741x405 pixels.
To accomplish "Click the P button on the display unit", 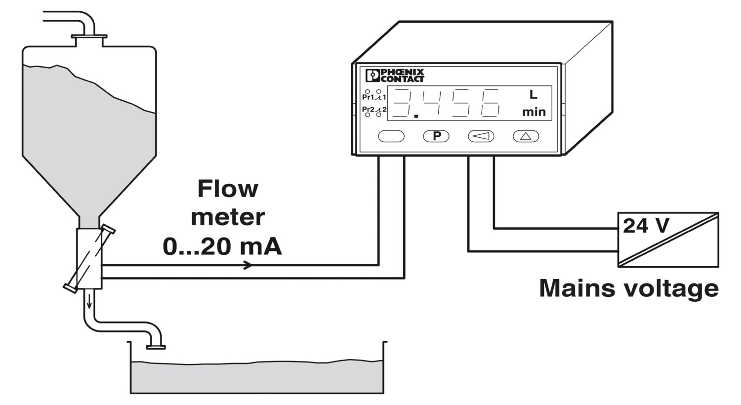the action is coord(436,136).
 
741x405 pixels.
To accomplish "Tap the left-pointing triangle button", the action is coord(481,136).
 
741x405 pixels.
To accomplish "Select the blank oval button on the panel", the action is coord(391,136).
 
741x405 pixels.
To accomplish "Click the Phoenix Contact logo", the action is coord(395,76).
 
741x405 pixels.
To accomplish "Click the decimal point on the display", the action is coord(416,116).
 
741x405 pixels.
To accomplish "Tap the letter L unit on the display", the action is coord(533,95).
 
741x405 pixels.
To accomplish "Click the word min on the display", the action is coord(534,112).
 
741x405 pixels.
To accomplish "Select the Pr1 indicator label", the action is coord(368,97).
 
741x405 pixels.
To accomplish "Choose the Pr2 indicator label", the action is coord(368,109).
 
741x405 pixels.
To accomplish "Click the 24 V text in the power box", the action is coord(646,226).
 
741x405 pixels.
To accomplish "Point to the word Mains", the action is coord(578,288).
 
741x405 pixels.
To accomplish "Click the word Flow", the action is coord(228,189).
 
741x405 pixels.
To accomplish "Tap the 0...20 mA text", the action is coord(222,246).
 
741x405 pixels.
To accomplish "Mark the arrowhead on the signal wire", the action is coord(248,265).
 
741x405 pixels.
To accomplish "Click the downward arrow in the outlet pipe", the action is coord(89,301).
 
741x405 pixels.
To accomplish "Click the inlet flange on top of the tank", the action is coord(89,37).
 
